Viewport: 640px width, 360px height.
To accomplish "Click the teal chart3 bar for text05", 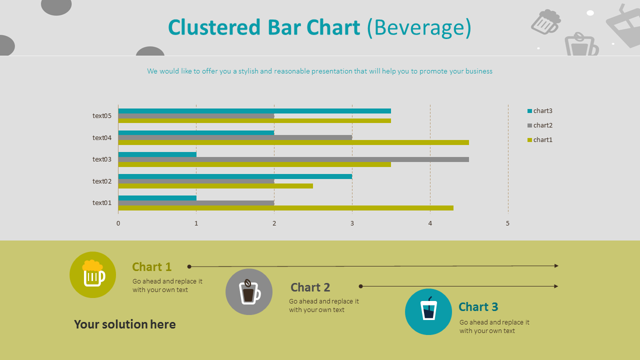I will [x=254, y=111].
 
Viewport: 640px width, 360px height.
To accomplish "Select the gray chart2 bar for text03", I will [x=293, y=159].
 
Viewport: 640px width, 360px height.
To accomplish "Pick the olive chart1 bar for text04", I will [x=293, y=142].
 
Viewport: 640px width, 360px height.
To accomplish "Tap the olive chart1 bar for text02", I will [x=215, y=186].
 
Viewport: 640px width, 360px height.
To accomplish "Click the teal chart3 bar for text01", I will [x=157, y=198].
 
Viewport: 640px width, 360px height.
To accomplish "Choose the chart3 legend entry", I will [x=540, y=111].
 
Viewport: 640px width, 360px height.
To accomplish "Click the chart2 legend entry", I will [x=540, y=125].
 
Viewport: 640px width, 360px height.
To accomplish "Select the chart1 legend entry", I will [x=540, y=140].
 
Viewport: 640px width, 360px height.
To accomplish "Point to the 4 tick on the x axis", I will [x=430, y=223].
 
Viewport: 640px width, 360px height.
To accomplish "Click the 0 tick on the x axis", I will [x=118, y=223].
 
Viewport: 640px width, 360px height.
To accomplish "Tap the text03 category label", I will [x=102, y=159].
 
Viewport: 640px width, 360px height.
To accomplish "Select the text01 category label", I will [x=102, y=203].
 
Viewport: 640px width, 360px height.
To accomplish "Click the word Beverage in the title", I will [x=419, y=27].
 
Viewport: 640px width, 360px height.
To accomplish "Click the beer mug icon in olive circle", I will [x=93, y=274].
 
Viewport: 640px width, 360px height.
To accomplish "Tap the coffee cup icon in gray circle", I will [x=249, y=292].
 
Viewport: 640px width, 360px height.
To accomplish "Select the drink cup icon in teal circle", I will [x=428, y=311].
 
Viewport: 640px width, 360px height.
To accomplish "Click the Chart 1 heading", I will [x=151, y=267].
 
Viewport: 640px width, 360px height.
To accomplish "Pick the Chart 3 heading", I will [x=478, y=307].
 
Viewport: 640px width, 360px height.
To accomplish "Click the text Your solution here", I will [x=125, y=324].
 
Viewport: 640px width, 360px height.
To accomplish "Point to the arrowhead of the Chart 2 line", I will [x=556, y=286].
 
